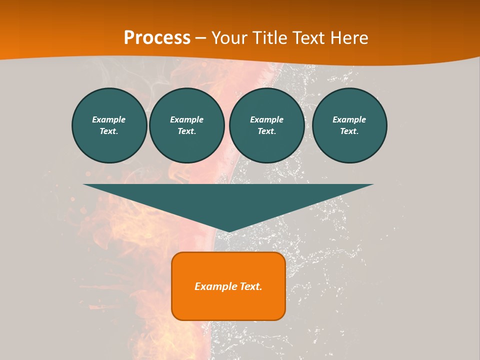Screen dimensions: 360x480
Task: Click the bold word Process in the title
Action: coord(157,37)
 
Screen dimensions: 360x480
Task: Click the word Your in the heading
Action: coord(229,37)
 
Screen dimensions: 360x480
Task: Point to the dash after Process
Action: coord(201,38)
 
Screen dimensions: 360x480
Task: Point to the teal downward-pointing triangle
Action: coord(228,200)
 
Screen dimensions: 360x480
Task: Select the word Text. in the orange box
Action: coord(250,286)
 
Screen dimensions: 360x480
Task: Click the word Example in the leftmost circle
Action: coord(109,119)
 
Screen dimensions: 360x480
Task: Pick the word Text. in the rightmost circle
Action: coord(349,131)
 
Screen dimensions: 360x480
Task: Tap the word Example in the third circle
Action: coord(267,119)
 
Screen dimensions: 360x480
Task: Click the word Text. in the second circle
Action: coord(187,131)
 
